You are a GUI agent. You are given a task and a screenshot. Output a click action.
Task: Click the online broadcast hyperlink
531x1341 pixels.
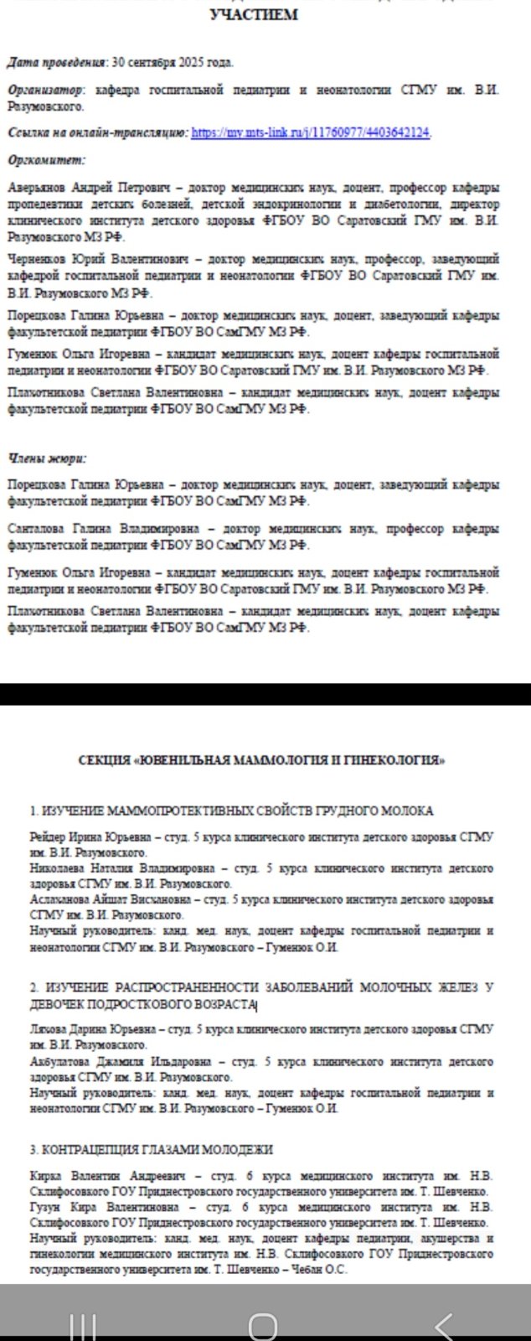click(x=311, y=132)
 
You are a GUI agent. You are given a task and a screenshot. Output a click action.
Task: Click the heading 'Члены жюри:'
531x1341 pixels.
click(x=47, y=458)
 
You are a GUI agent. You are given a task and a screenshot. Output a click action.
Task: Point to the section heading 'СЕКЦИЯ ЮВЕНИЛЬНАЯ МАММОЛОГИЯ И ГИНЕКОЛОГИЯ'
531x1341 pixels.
click(x=261, y=760)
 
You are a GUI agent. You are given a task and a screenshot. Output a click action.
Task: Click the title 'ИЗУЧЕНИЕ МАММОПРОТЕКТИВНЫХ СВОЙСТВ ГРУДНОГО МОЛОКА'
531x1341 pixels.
click(x=232, y=810)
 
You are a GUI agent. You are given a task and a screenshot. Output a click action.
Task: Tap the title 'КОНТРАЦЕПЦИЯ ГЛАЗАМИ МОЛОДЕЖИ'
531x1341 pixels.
click(x=152, y=1150)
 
